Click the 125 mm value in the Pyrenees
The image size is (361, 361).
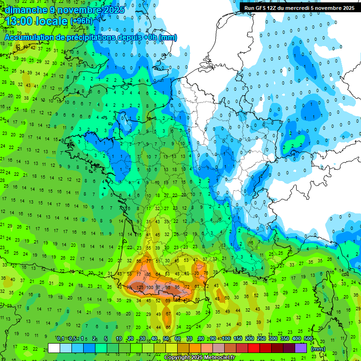coord(140,287)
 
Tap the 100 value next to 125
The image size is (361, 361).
coord(149,287)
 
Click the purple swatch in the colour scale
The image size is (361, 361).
coord(301,348)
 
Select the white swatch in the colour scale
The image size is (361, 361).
coord(54,348)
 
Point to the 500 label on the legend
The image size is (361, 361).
coord(308,339)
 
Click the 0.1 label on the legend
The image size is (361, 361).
coord(61,339)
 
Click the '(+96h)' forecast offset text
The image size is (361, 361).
coord(81,21)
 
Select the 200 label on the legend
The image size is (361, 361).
coord(249,339)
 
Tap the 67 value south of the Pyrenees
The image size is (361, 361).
coord(168,314)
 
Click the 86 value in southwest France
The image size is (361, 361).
coord(149,274)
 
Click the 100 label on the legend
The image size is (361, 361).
coord(226,339)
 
